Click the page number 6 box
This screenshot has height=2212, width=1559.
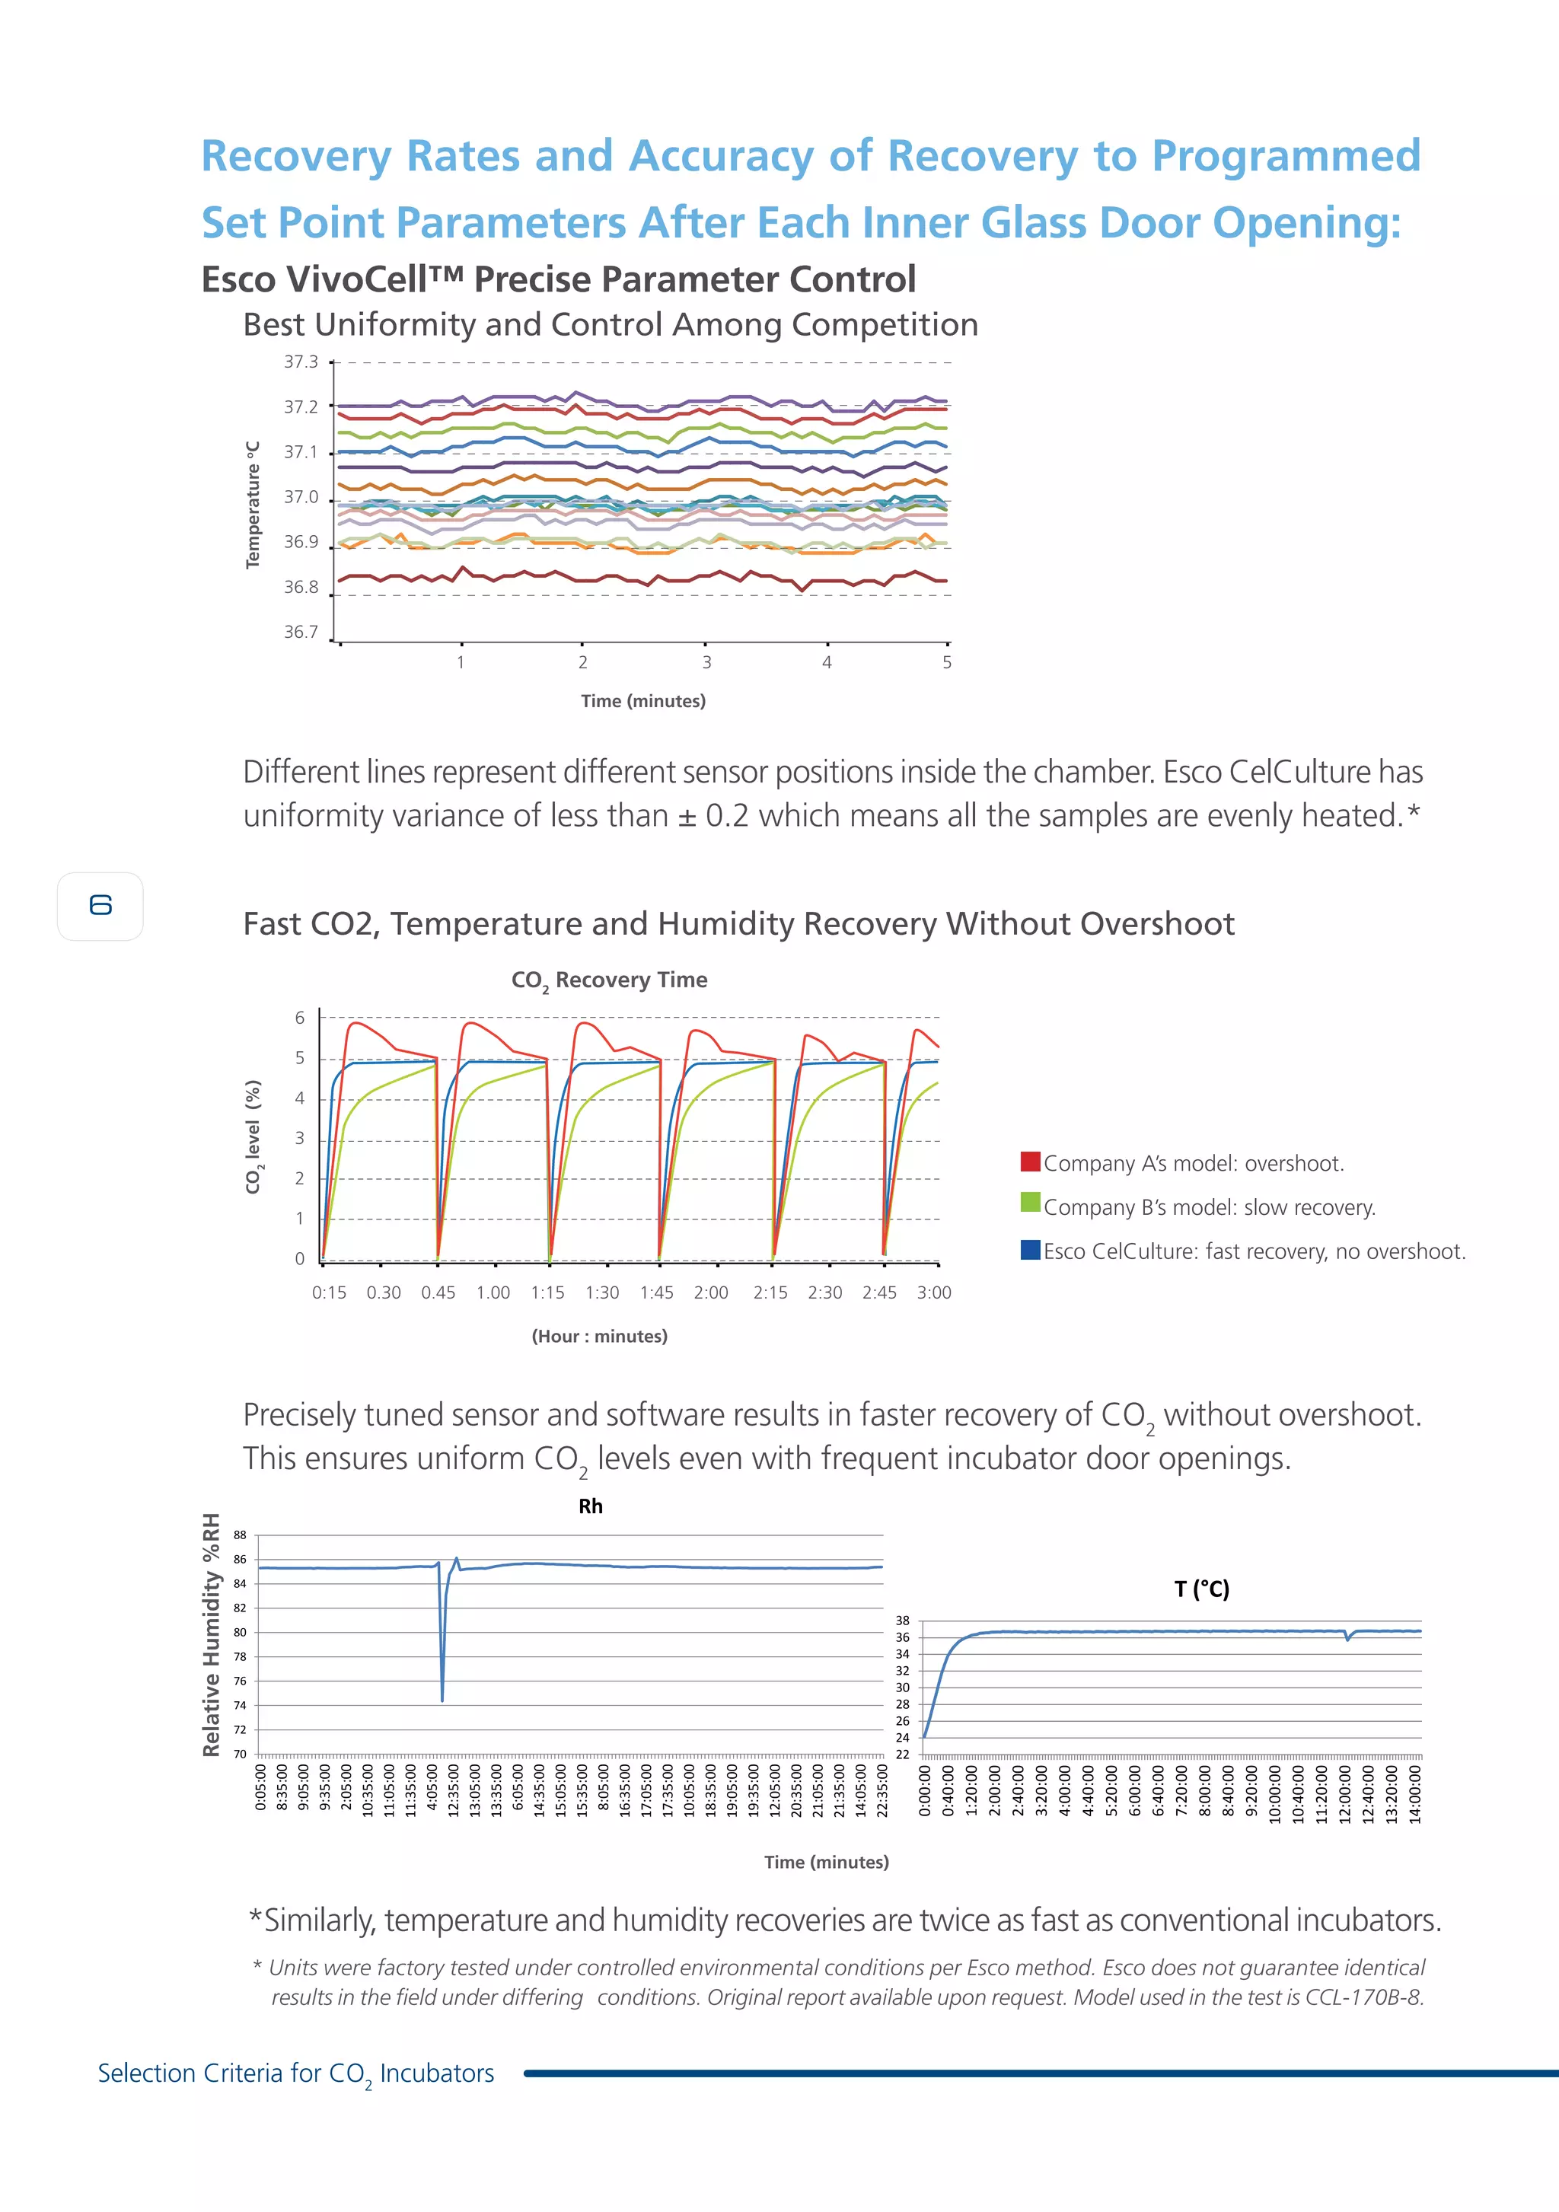(100, 906)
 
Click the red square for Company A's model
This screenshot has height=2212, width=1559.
(1030, 1162)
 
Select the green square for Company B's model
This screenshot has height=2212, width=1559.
(1030, 1204)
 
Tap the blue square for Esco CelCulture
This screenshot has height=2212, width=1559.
(1030, 1250)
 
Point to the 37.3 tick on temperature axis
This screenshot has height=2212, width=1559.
(301, 362)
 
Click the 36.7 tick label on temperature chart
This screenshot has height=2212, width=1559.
(301, 632)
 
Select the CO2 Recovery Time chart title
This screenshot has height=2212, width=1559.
(609, 980)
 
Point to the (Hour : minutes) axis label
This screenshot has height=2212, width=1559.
(599, 1336)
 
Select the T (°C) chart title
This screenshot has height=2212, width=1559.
(1201, 1589)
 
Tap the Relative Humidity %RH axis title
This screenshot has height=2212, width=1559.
(211, 1635)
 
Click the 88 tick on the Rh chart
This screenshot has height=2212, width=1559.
(240, 1535)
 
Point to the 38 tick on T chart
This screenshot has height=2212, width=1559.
(902, 1621)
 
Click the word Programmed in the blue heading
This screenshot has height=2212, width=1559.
(1286, 156)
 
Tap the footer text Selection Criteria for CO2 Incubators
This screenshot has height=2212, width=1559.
(296, 2073)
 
